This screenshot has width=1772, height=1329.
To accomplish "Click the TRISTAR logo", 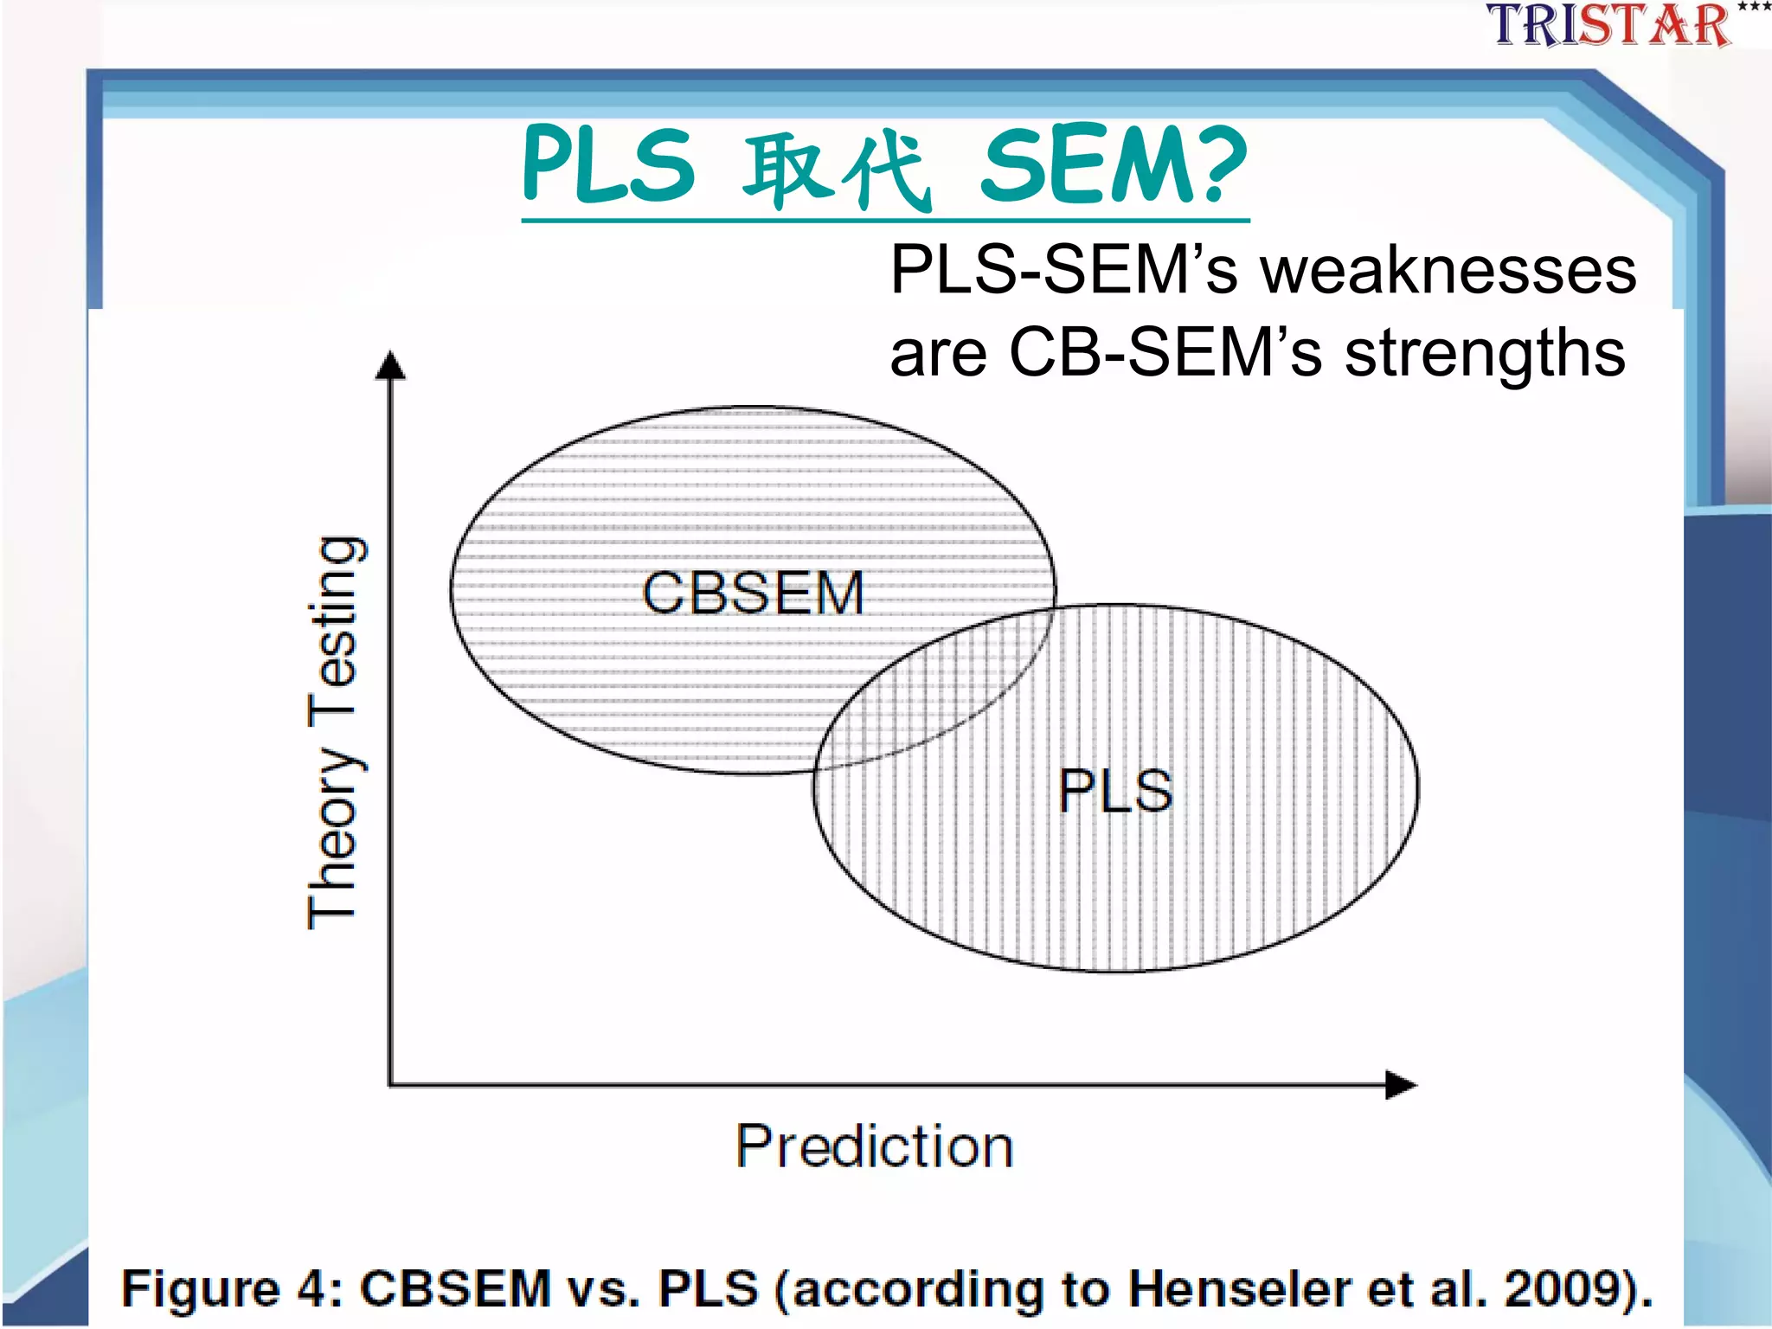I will pyautogui.click(x=1609, y=24).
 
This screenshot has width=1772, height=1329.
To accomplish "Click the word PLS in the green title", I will pyautogui.click(x=608, y=164).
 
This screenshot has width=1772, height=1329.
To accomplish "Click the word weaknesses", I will pyautogui.click(x=1448, y=270).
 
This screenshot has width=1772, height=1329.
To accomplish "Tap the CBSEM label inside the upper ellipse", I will pyautogui.click(x=753, y=594).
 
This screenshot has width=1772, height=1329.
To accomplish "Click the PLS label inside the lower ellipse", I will pyautogui.click(x=1115, y=791).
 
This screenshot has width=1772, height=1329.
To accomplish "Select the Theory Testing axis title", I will pyautogui.click(x=333, y=732).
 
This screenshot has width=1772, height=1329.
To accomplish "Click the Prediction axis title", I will pyautogui.click(x=874, y=1147).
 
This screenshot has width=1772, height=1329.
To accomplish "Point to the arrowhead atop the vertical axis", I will pyautogui.click(x=390, y=365).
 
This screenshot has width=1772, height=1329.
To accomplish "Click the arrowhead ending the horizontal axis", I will pyautogui.click(x=1400, y=1084).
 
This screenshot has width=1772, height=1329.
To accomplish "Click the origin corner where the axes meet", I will pyautogui.click(x=391, y=1083).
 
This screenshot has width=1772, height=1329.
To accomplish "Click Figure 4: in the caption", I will pyautogui.click(x=232, y=1288).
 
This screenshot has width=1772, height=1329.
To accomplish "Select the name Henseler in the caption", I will pyautogui.click(x=1239, y=1288).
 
